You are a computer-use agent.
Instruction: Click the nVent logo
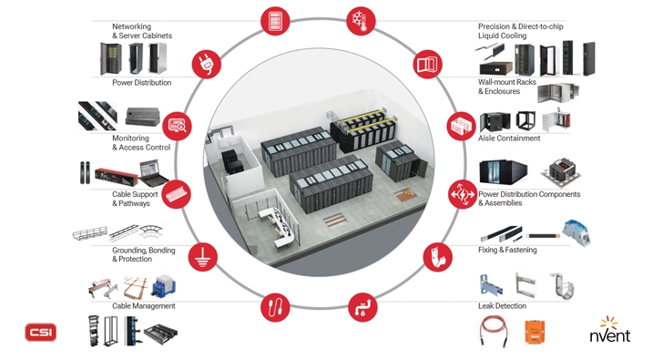click(x=609, y=331)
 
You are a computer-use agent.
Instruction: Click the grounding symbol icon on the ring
click(x=202, y=257)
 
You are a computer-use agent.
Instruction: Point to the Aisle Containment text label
click(x=509, y=139)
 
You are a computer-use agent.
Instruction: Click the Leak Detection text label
click(x=502, y=306)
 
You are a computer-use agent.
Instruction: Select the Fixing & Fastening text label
click(x=507, y=250)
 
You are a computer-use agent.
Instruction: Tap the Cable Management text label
click(x=143, y=306)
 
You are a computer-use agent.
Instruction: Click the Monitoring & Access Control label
click(x=141, y=142)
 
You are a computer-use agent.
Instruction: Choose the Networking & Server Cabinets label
click(x=142, y=32)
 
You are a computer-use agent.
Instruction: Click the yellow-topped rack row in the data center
click(x=364, y=128)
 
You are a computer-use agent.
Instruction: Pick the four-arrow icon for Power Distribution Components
click(x=460, y=193)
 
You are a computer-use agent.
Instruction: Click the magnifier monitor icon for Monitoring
click(x=178, y=125)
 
